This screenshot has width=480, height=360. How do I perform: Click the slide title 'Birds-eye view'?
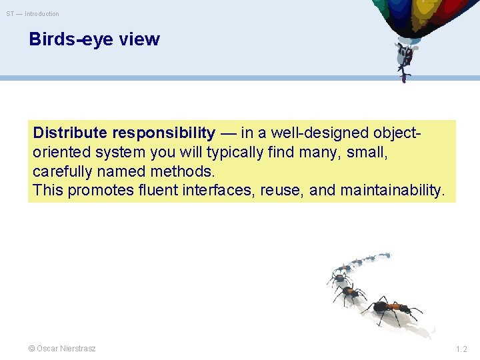[94, 39]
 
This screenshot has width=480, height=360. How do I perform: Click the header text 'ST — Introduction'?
[33, 14]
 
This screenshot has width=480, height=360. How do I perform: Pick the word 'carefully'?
[63, 171]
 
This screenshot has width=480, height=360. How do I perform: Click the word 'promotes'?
[98, 191]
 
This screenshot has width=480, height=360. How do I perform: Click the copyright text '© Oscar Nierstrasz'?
[61, 349]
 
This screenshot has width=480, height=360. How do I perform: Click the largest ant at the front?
[390, 309]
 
